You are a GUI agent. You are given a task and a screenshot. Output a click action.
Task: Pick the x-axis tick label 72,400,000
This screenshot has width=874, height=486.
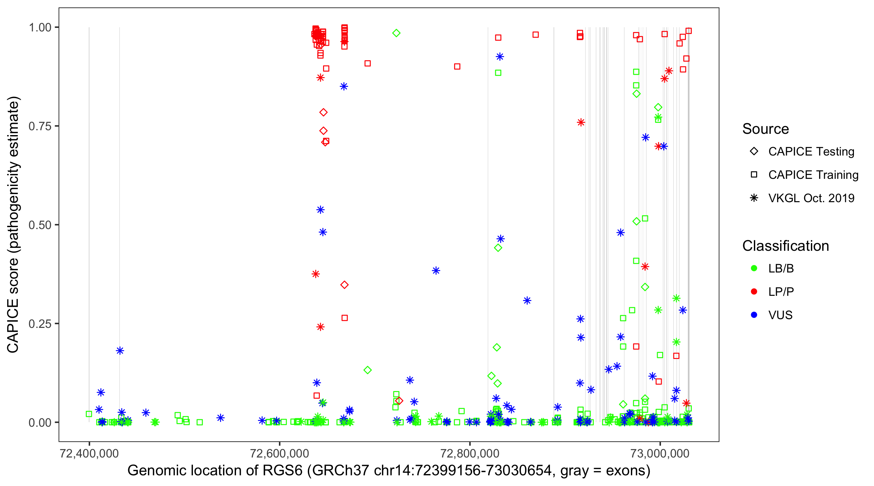tap(89, 453)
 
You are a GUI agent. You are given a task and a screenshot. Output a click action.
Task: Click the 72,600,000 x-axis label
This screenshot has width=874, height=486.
tap(280, 453)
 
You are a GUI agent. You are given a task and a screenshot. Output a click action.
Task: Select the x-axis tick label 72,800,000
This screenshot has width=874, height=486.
tap(470, 453)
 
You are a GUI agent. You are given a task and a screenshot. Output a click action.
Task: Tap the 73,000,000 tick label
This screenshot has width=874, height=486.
tap(660, 453)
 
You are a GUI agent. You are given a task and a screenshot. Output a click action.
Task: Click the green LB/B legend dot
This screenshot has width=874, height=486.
tap(754, 269)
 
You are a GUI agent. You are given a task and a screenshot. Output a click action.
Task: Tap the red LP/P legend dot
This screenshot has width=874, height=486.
tap(754, 292)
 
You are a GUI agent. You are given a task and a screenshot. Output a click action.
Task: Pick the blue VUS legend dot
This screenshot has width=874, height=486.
tap(754, 315)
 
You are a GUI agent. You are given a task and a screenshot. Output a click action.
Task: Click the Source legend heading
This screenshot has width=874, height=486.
tap(766, 129)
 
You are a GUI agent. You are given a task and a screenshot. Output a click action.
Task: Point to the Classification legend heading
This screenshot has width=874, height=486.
tap(785, 246)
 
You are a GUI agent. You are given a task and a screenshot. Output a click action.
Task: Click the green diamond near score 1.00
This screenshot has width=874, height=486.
tap(396, 33)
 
